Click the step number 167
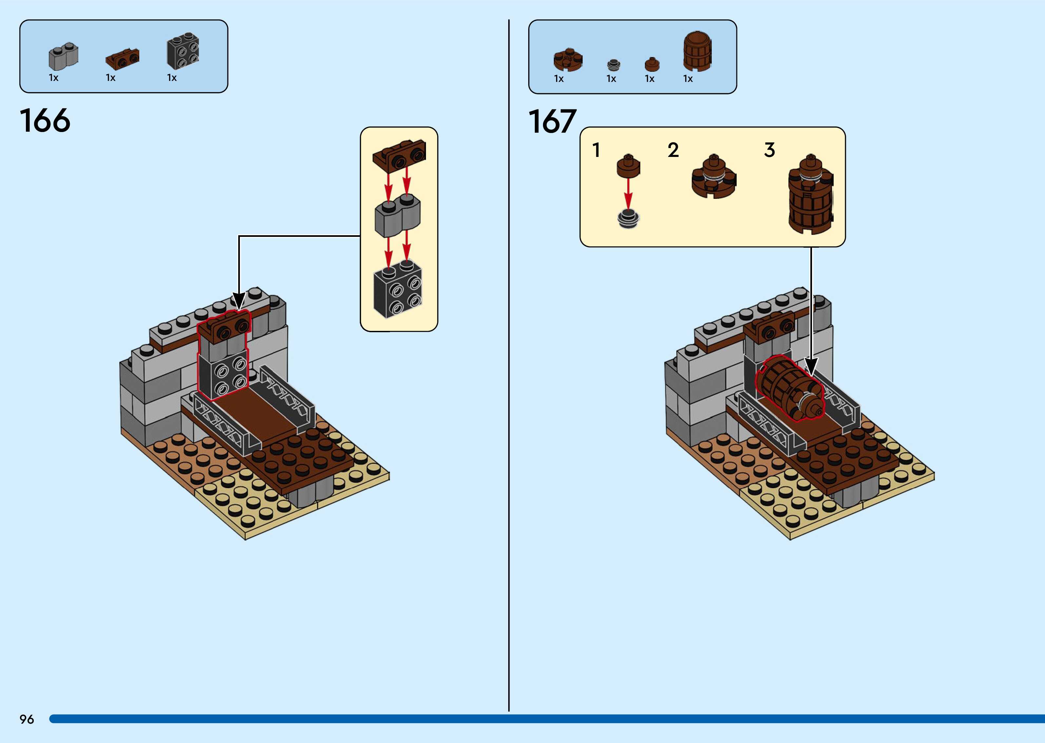552,121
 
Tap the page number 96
27,719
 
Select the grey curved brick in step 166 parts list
63,57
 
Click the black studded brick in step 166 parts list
183,51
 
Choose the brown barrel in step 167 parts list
697,51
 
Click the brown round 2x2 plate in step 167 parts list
568,60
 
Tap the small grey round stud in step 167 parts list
613,65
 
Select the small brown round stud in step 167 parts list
652,64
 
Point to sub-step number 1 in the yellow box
596,150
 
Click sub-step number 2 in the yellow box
672,150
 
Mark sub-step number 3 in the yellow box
769,150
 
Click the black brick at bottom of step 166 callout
397,290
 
